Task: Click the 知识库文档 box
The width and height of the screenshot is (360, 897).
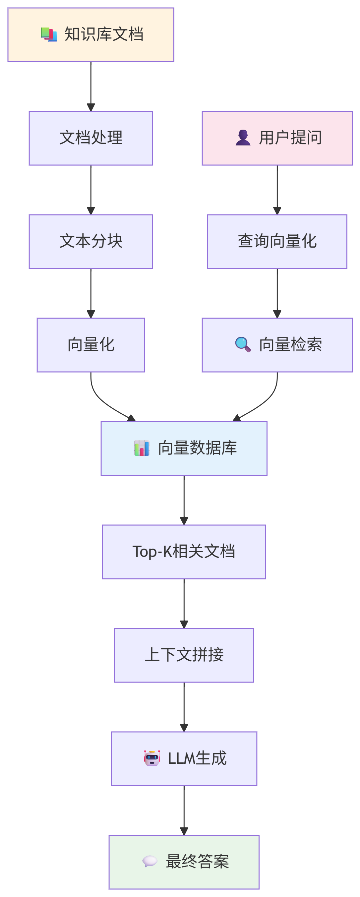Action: [91, 35]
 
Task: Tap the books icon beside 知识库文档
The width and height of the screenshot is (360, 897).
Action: [49, 35]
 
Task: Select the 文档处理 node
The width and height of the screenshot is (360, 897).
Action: [91, 138]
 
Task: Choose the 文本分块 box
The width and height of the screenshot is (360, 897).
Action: [91, 241]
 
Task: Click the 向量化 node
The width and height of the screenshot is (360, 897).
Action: [91, 345]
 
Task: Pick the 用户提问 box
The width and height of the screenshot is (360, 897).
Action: [277, 138]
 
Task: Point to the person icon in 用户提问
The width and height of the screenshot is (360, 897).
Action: [243, 138]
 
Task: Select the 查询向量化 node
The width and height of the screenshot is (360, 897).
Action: [277, 241]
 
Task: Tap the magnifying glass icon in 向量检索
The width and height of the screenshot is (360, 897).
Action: [243, 344]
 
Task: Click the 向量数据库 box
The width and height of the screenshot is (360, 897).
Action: [184, 448]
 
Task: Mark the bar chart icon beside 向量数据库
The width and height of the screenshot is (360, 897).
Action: [142, 448]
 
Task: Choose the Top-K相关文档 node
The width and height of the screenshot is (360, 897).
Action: [184, 552]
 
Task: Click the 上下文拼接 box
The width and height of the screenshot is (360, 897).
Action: [184, 655]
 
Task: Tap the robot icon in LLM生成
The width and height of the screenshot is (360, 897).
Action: [152, 758]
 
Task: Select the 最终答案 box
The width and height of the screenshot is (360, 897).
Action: [184, 862]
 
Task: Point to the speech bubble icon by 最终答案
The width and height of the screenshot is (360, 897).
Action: [150, 861]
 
